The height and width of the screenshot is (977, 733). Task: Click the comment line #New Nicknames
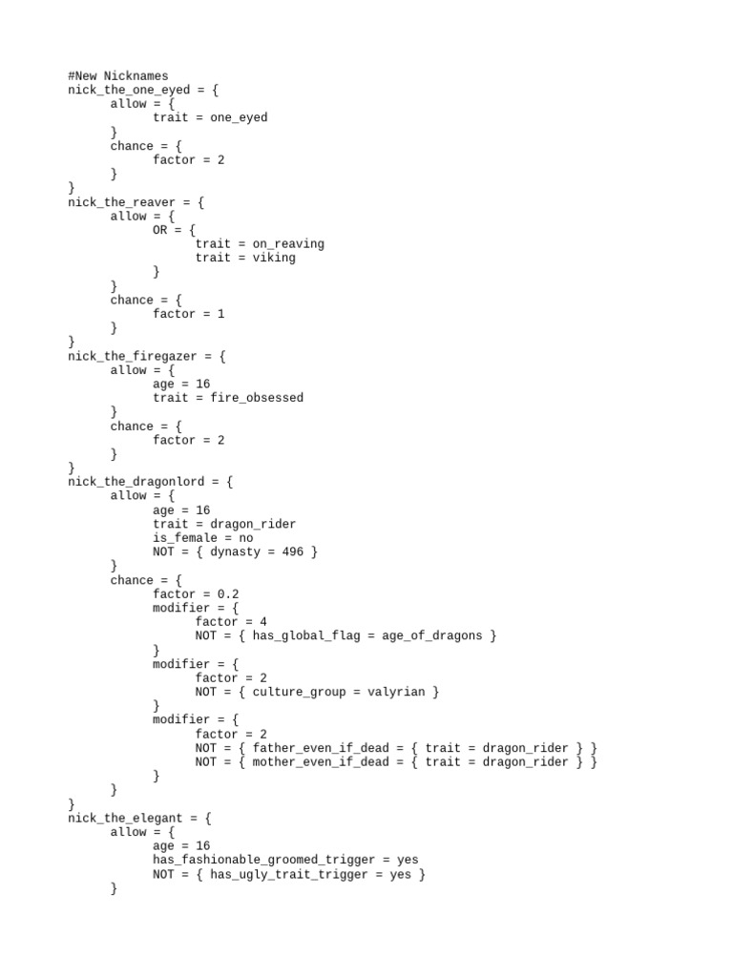coord(117,75)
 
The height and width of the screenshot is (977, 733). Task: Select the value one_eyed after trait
coord(239,117)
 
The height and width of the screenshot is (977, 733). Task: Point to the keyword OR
coord(159,230)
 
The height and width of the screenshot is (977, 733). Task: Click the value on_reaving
coord(288,243)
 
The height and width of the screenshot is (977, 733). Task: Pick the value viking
coord(274,258)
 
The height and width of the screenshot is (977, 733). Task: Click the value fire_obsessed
coord(257,398)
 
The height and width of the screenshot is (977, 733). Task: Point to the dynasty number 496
coord(299,551)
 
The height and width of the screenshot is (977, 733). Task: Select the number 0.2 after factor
coord(228,593)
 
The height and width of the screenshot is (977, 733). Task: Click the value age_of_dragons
coord(431,635)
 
